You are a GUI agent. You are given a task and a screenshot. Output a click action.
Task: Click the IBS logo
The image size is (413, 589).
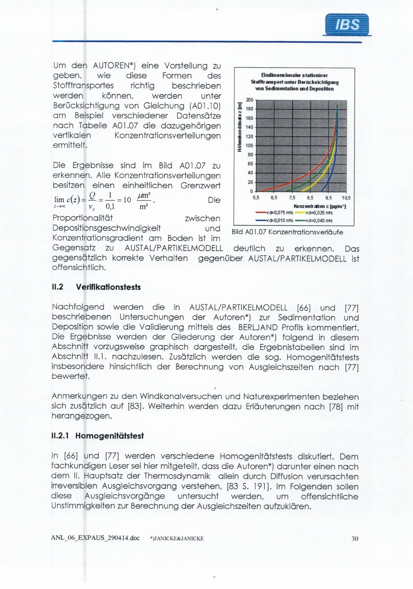[347, 24]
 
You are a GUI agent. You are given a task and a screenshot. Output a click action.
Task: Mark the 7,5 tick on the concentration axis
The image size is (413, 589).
[292, 198]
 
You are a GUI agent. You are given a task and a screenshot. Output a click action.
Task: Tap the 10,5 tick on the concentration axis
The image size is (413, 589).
[345, 198]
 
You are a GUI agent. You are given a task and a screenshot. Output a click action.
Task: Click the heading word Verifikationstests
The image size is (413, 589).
[108, 287]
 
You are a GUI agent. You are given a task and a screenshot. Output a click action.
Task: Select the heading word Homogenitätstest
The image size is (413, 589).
[109, 436]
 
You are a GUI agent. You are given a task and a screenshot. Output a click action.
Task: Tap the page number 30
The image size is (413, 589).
[355, 539]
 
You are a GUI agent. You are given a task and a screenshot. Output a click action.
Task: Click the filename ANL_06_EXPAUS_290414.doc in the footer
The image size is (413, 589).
[95, 538]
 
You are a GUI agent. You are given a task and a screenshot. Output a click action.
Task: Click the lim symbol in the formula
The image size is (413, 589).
[59, 200]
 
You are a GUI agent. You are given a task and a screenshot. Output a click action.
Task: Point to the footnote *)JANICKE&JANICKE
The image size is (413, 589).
[177, 539]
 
